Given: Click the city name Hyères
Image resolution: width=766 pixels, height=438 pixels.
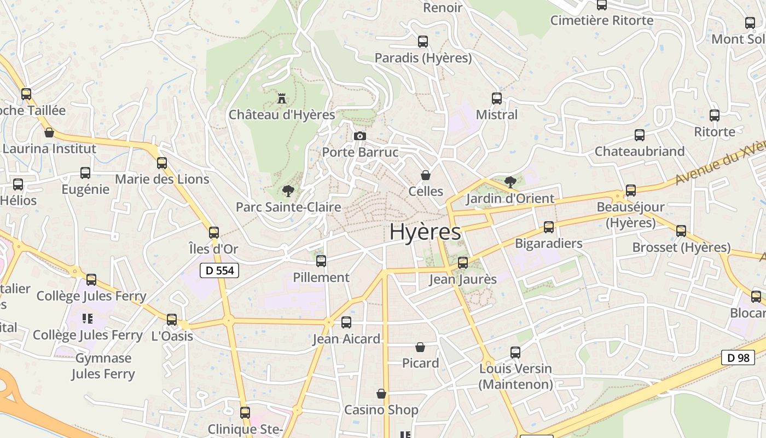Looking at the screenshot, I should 425,232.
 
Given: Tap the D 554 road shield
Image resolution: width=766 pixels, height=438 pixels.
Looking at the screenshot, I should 219,270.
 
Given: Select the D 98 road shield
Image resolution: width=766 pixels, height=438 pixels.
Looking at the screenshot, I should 738,358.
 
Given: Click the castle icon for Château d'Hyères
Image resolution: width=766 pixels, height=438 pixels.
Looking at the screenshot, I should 282,99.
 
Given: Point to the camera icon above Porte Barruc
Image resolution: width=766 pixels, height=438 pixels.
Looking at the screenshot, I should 359,136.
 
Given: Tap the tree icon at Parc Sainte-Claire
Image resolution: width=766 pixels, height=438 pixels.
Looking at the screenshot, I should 288,191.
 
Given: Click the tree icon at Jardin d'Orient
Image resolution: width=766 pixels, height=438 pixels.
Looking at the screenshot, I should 510,182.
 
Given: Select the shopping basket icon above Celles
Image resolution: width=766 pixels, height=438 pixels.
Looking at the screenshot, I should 425,175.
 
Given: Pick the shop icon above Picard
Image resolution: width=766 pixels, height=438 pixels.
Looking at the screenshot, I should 420,347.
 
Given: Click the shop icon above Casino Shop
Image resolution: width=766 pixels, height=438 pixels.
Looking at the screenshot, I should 381,394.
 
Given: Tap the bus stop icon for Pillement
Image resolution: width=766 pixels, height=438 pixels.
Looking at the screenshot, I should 321,261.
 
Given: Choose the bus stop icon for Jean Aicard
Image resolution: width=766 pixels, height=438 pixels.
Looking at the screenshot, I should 346,322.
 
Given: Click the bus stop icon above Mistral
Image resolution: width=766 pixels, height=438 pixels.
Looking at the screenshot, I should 497,99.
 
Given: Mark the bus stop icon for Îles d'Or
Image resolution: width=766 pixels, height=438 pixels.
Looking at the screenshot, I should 214,233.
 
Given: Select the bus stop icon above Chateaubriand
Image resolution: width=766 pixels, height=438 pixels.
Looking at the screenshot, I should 640,135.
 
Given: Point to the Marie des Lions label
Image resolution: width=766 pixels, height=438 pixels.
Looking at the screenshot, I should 162,179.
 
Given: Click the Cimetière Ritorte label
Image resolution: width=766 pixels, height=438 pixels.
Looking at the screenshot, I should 602,21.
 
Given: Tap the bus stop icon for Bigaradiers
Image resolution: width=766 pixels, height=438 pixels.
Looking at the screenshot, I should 549,227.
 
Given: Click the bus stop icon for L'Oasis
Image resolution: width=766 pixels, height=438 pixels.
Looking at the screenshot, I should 172,320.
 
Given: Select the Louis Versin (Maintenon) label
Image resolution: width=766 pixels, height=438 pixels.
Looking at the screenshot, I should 515,377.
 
